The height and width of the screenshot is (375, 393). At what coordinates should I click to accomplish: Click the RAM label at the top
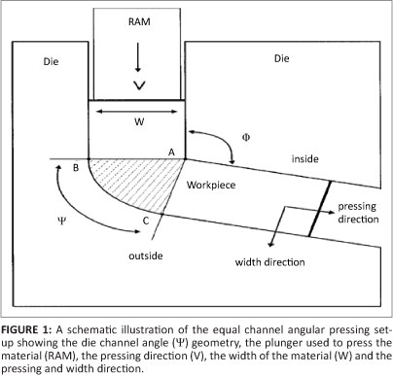(139, 21)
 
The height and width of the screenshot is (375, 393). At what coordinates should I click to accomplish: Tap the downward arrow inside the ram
(138, 57)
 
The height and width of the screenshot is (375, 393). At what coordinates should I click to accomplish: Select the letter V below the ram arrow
(139, 85)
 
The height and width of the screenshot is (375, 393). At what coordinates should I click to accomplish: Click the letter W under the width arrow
(139, 121)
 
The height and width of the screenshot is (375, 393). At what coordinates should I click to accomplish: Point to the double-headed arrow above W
(137, 112)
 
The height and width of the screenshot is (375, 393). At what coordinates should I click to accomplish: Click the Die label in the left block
(51, 61)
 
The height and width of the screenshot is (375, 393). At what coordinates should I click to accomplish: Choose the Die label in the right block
(281, 58)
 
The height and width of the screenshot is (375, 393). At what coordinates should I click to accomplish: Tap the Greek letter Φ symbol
(246, 137)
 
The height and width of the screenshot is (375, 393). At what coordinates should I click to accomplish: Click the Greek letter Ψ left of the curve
(61, 222)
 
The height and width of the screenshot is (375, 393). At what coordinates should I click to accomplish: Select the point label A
(171, 152)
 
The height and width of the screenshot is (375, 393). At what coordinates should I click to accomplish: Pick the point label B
(76, 168)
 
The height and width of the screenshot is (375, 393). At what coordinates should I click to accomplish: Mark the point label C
(146, 221)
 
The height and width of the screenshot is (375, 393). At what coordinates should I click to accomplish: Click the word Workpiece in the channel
(211, 186)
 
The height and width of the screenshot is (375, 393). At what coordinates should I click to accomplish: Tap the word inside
(304, 159)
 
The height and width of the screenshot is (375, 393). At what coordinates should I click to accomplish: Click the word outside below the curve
(146, 256)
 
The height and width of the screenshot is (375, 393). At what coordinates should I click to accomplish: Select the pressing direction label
(358, 213)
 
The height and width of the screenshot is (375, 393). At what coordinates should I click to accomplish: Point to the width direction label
(270, 262)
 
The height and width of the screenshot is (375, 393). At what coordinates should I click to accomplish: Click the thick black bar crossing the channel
(320, 208)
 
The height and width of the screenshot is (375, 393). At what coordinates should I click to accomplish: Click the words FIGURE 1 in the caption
(25, 329)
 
